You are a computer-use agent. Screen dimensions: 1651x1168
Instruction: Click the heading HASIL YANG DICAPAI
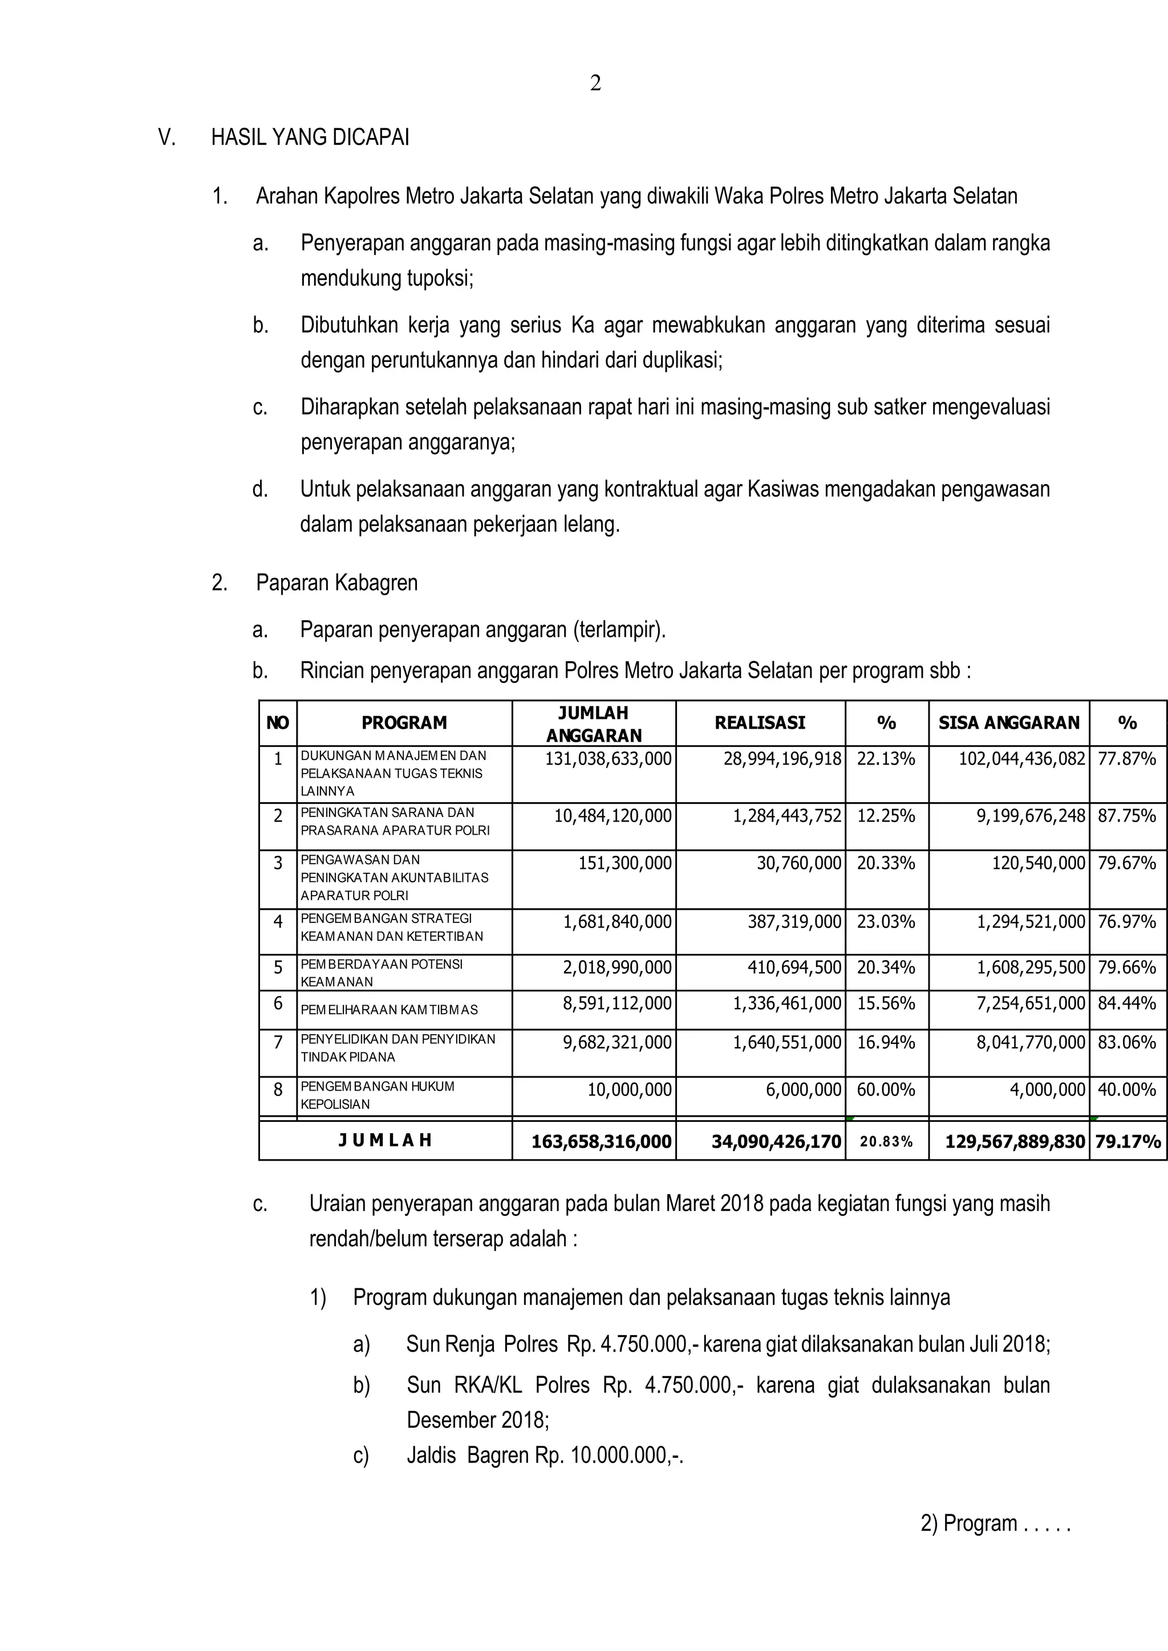tap(310, 137)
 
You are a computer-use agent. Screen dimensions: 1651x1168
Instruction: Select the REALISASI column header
tap(760, 723)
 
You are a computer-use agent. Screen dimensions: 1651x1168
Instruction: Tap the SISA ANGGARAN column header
tap(1008, 723)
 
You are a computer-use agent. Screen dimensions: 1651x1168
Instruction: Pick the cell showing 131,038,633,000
tap(608, 759)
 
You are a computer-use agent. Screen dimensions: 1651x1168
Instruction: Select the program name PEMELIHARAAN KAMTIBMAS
tap(389, 1010)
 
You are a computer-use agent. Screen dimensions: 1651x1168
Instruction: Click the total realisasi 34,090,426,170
tap(776, 1141)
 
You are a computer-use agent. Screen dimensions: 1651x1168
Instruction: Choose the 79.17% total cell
tap(1127, 1141)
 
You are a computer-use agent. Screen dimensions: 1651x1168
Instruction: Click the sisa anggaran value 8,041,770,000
tap(1030, 1042)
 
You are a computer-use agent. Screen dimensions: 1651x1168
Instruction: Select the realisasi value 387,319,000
tap(794, 922)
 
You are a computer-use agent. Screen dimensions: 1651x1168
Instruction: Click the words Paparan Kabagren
tap(336, 583)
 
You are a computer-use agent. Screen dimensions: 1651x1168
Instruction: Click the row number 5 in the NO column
tap(278, 967)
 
